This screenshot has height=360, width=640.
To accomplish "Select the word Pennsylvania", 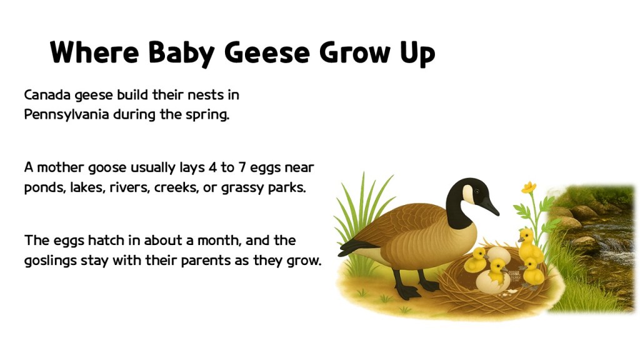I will pyautogui.click(x=67, y=116).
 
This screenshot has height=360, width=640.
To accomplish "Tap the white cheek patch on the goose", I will pyautogui.click(x=467, y=194).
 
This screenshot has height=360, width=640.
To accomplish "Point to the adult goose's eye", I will pyautogui.click(x=477, y=190).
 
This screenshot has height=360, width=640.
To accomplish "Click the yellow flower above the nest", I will pyautogui.click(x=529, y=187).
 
